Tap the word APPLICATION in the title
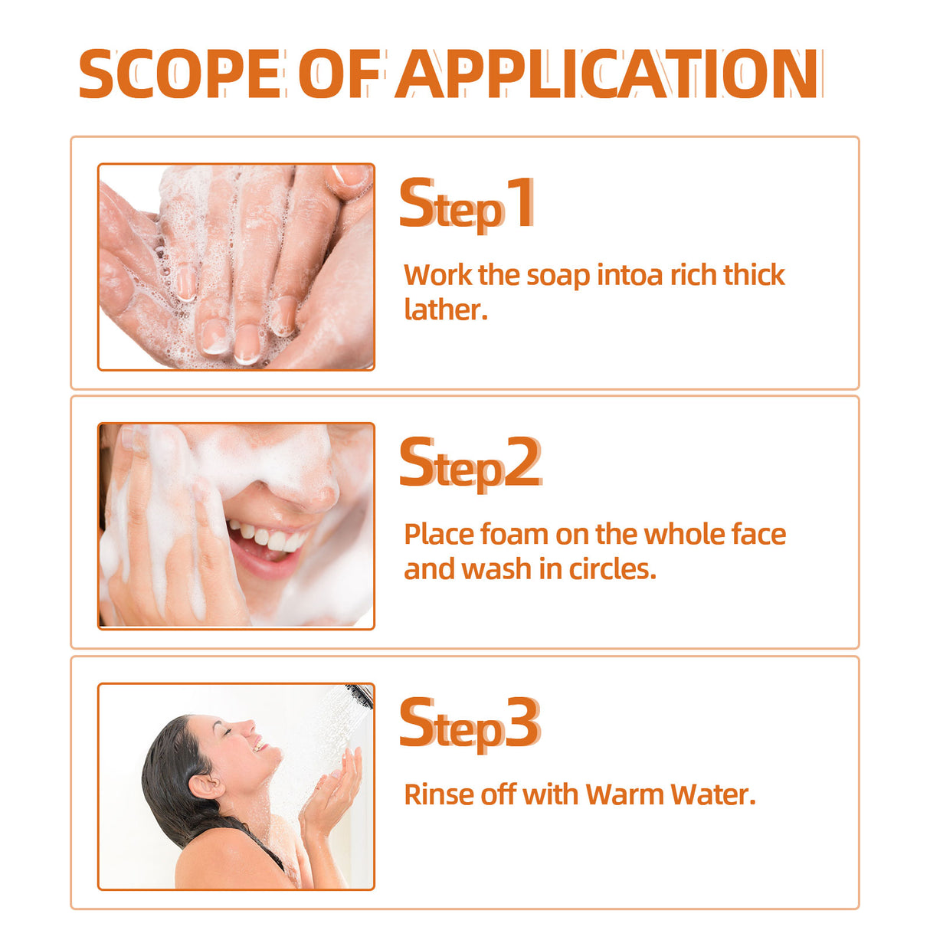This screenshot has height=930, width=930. click(x=607, y=74)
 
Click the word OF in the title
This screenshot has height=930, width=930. click(x=339, y=74)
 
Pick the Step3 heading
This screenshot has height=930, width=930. click(x=470, y=725)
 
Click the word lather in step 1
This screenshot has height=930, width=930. click(x=444, y=310)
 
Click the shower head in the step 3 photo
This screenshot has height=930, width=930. click(x=359, y=695)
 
